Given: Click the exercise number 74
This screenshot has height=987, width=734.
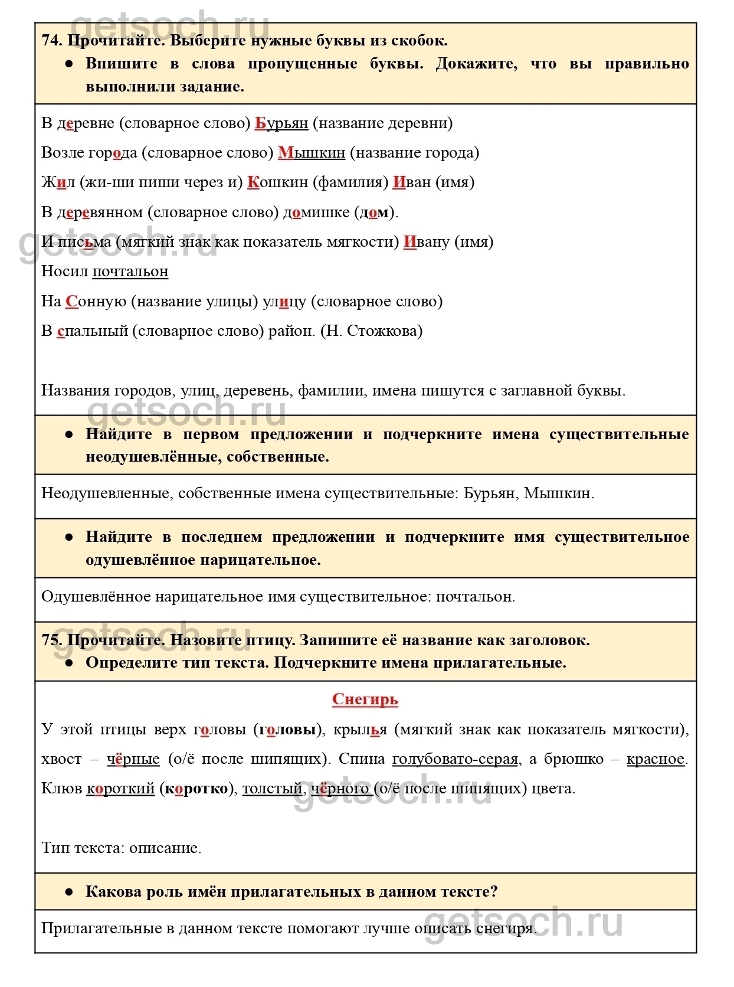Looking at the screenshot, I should (52, 41).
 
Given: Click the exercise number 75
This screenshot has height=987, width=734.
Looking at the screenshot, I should (52, 640).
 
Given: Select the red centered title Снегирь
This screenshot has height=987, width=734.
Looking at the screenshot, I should (365, 700).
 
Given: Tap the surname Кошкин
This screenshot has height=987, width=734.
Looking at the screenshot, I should (277, 182).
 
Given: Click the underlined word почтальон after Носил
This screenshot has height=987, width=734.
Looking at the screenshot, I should (130, 272).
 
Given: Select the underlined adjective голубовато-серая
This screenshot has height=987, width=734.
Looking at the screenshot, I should (455, 759).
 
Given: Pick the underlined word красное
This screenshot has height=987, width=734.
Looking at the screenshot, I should (656, 759).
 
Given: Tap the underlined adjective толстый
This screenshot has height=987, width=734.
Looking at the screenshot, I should (273, 789).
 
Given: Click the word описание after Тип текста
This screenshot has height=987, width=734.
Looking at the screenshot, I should (165, 848).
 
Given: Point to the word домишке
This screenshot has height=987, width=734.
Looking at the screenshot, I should (316, 213).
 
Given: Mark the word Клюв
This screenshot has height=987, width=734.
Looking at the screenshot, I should (61, 789).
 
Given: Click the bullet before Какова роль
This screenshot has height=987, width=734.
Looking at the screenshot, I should (69, 892).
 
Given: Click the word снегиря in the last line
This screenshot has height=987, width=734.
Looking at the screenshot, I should (506, 929).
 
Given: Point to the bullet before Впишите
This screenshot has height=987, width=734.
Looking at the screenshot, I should (69, 64).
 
